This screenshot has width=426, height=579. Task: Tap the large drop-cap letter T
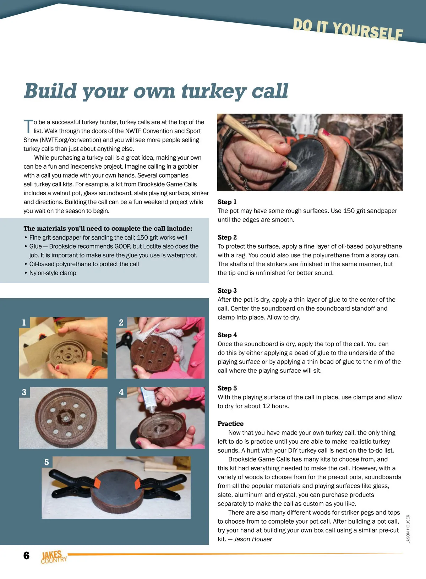pos(28,127)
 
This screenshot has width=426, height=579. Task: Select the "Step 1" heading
pos(227,202)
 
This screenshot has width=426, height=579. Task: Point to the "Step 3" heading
pos(227,291)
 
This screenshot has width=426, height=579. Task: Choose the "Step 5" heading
pos(227,388)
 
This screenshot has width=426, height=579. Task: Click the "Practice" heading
pos(230,424)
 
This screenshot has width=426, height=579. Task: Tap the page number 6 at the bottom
pos(27,556)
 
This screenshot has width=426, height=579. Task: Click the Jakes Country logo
pos(53,557)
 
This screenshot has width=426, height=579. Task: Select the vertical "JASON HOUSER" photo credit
pos(408,529)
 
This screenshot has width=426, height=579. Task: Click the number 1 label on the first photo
pos(24,322)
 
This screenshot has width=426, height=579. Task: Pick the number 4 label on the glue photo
pos(121,392)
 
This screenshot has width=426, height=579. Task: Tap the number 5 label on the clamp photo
pos(47,462)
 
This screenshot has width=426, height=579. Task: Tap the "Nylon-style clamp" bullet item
pos(53,273)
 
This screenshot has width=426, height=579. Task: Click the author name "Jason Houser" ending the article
pos(253,539)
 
